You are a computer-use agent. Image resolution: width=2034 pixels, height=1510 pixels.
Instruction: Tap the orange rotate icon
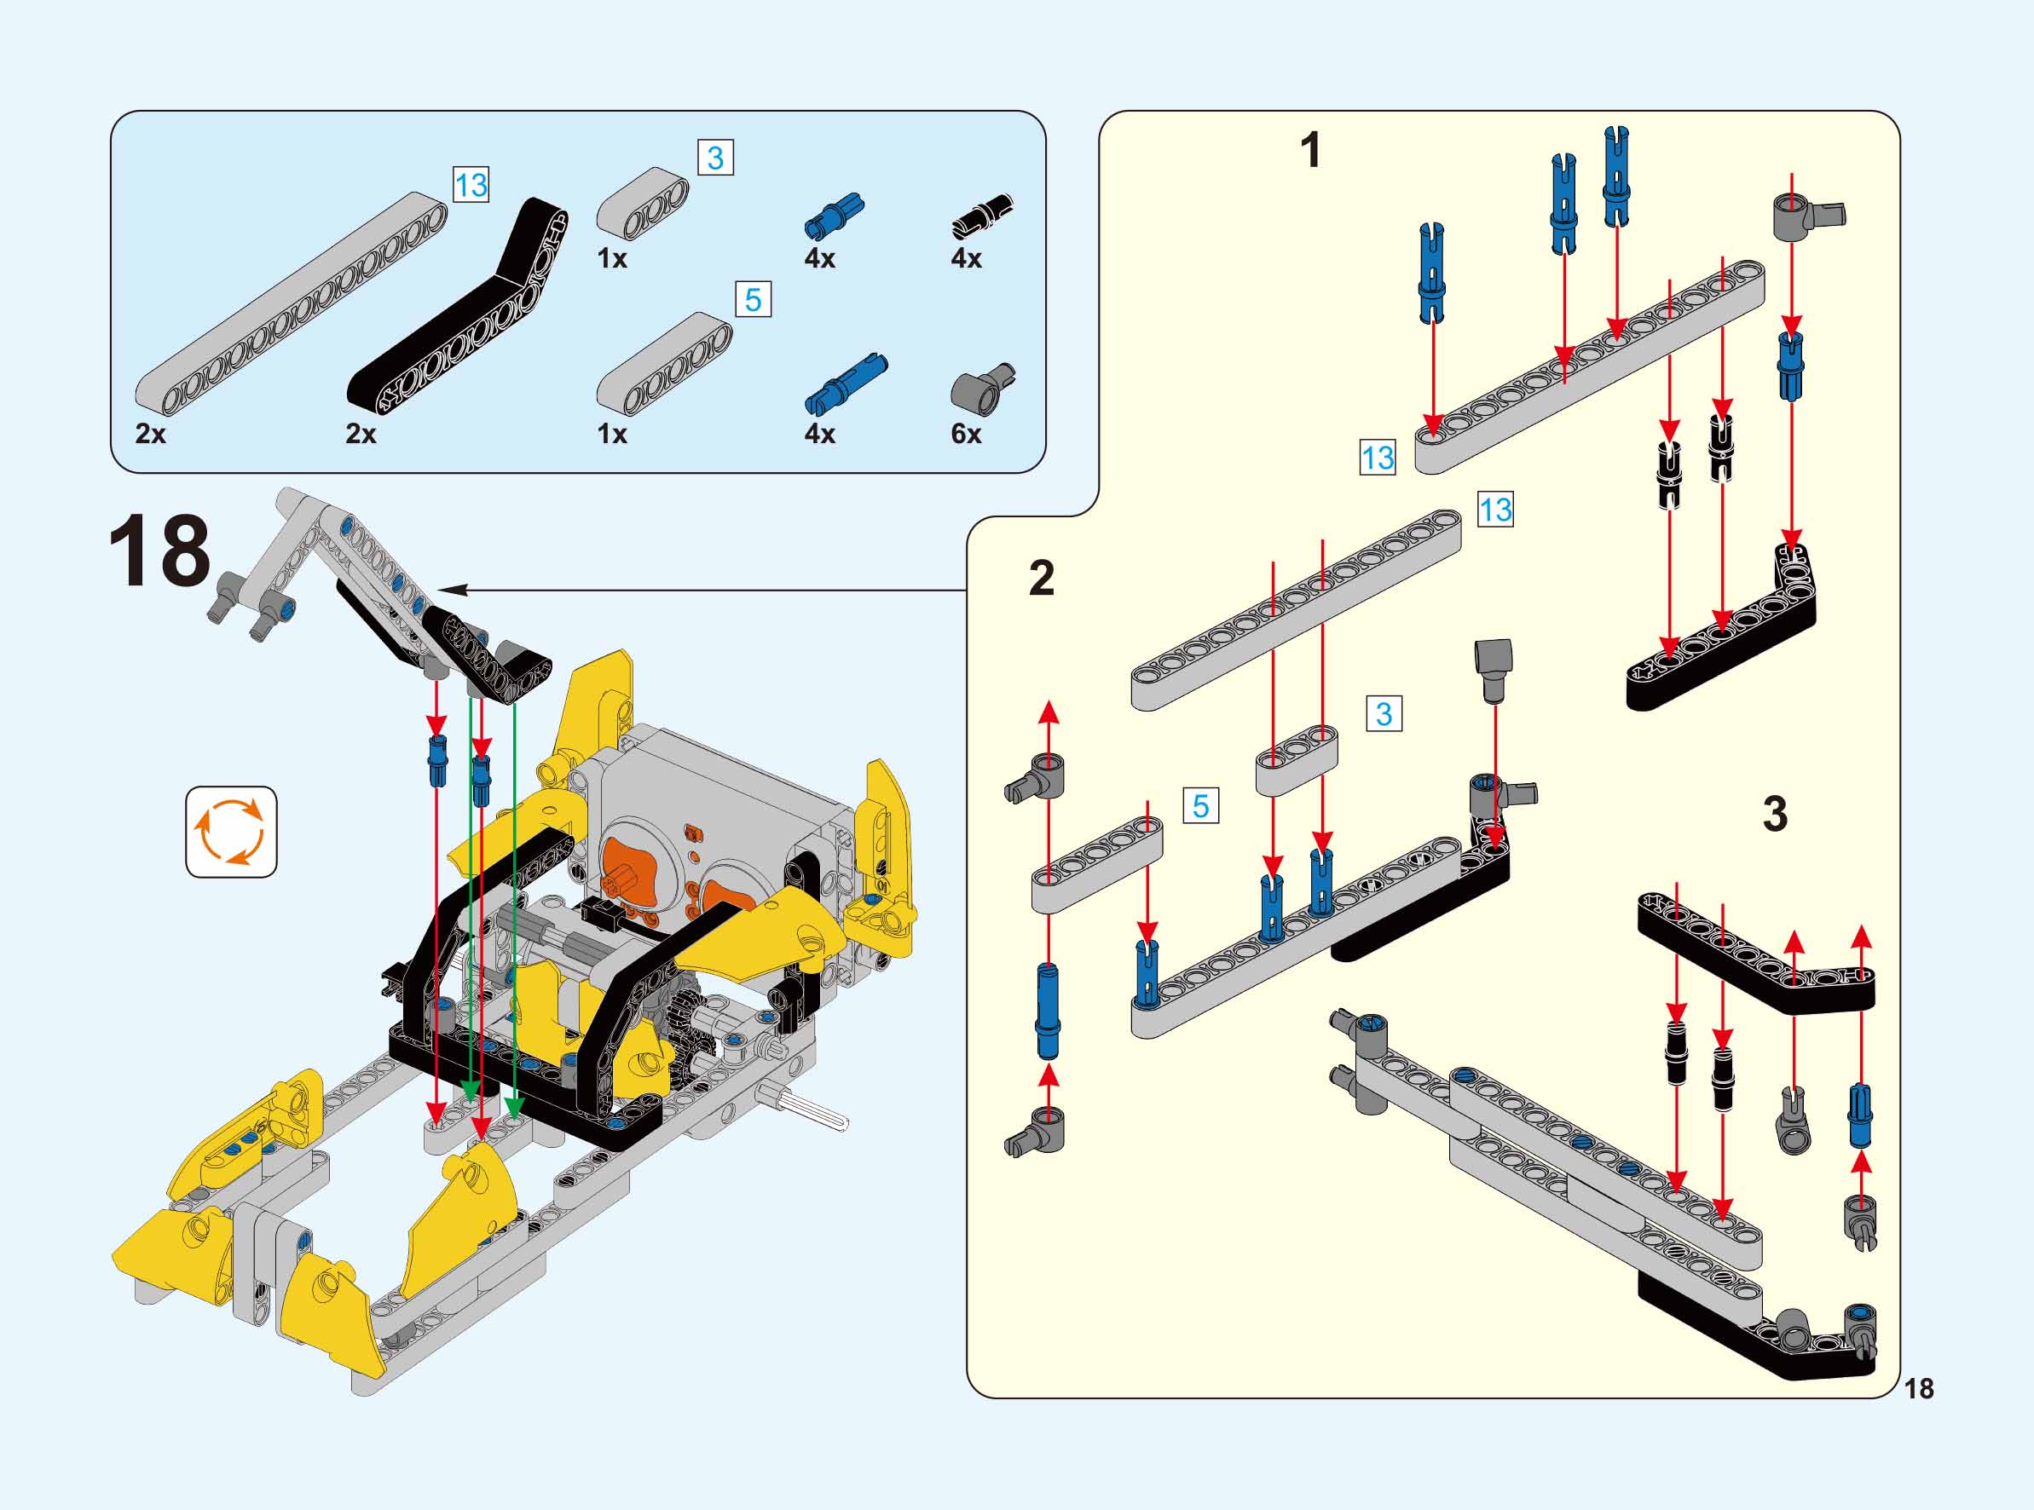click(x=231, y=831)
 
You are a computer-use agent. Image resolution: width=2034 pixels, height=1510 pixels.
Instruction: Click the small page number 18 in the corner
click(x=1919, y=1388)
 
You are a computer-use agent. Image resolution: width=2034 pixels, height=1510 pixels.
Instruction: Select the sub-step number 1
click(x=1310, y=150)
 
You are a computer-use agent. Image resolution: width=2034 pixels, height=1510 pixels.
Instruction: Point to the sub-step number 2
click(x=1041, y=579)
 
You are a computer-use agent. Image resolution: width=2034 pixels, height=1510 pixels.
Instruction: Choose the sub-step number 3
click(x=1774, y=813)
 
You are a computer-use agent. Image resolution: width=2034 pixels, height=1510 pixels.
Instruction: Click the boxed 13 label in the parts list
click(x=471, y=185)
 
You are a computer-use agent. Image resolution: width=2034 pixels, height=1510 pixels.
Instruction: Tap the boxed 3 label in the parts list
click(x=715, y=157)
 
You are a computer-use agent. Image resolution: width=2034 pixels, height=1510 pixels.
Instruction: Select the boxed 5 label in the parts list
click(x=753, y=299)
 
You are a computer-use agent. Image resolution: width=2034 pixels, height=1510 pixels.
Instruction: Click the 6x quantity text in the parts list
click(x=965, y=433)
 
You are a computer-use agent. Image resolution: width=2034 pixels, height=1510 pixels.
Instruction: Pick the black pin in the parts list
click(x=982, y=216)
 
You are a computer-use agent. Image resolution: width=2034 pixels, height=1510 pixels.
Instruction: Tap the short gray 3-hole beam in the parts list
click(x=643, y=202)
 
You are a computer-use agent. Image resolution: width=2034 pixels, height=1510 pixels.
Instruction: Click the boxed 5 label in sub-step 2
click(x=1200, y=805)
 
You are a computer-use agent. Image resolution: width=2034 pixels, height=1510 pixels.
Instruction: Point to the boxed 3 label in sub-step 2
click(x=1383, y=713)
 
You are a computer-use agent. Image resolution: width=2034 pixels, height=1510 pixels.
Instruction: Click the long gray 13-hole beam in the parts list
click(x=292, y=302)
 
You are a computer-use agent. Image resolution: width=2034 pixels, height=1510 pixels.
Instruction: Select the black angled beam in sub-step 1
click(x=1719, y=640)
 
